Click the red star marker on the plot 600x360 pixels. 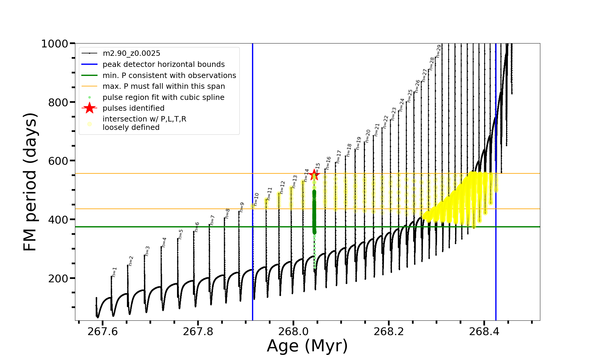[x=314, y=174]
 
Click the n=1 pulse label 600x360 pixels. [x=114, y=272]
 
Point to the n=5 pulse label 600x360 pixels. [x=181, y=234]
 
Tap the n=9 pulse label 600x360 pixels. [x=242, y=207]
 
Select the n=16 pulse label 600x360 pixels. [x=328, y=163]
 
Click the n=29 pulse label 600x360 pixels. [x=439, y=51]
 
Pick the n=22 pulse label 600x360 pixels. [x=385, y=122]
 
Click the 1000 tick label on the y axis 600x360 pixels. [x=55, y=44]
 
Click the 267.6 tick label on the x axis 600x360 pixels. [x=103, y=331]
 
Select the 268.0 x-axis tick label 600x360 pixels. [x=293, y=331]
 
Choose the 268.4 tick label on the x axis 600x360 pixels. [x=484, y=331]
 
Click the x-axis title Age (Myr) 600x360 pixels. [x=307, y=346]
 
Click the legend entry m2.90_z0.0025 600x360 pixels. [x=131, y=53]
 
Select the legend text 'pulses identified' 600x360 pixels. [x=133, y=108]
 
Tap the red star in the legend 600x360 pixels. [x=89, y=108]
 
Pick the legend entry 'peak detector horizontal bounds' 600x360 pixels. [x=163, y=64]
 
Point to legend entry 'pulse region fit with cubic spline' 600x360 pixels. [x=163, y=97]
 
